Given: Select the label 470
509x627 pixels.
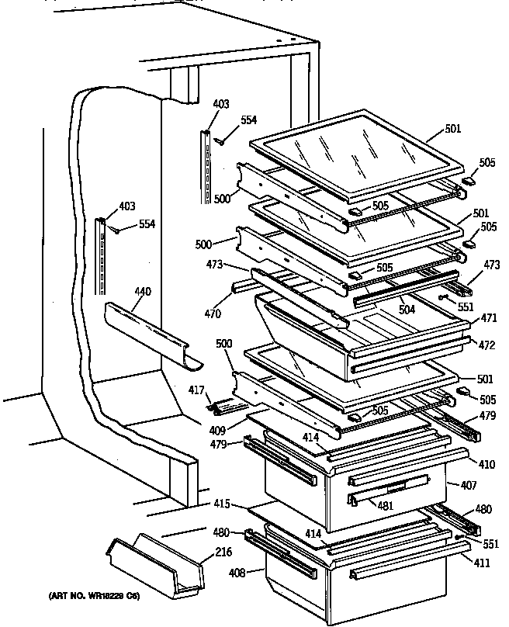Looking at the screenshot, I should point(212,314).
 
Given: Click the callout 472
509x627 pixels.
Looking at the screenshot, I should point(486,344).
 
